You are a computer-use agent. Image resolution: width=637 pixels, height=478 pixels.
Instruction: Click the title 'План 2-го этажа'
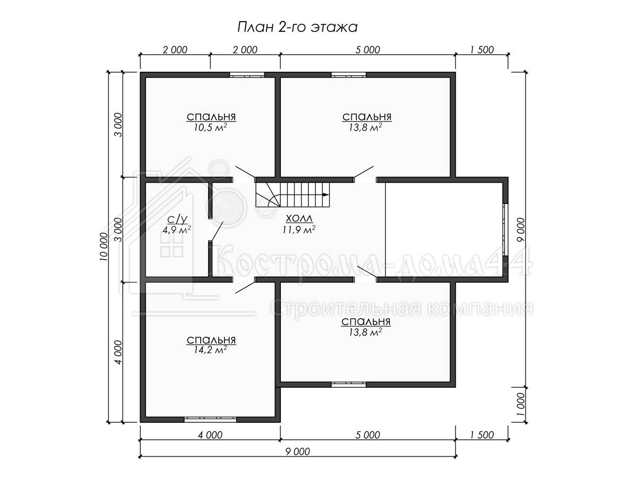[x=297, y=28]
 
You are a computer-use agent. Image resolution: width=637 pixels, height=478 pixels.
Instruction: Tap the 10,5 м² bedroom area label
[x=211, y=127]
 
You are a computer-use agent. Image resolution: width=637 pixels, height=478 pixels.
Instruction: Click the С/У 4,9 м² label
[x=177, y=225]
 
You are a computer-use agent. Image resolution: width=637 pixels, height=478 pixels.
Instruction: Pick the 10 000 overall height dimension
[x=104, y=246]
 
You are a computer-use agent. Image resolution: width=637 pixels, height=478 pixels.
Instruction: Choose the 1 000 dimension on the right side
[x=521, y=405]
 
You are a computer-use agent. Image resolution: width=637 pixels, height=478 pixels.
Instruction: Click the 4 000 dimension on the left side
[x=118, y=352]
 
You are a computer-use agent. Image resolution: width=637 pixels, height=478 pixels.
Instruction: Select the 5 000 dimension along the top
[x=367, y=50]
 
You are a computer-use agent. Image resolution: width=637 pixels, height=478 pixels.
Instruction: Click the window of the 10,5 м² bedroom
[x=247, y=75]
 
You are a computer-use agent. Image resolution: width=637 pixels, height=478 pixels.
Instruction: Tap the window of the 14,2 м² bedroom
[x=210, y=420]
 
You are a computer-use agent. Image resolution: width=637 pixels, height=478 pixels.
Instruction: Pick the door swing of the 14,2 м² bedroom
[x=245, y=287]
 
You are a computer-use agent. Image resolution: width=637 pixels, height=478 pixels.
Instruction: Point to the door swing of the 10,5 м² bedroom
[x=245, y=172]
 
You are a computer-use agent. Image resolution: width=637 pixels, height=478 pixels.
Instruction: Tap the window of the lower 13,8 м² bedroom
[x=349, y=385]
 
